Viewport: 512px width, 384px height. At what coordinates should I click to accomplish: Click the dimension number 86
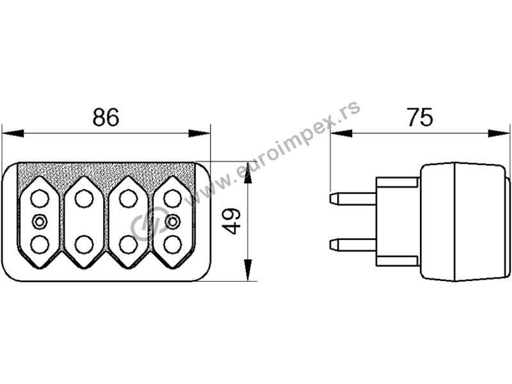click(106, 117)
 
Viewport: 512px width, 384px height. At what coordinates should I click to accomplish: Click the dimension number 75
click(420, 117)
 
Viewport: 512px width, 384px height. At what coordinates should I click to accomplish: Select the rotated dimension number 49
click(233, 221)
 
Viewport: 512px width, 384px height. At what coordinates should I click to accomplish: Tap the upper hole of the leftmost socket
click(40, 198)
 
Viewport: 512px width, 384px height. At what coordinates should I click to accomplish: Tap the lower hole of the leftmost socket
click(40, 244)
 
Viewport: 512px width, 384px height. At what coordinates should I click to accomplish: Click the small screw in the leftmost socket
click(40, 221)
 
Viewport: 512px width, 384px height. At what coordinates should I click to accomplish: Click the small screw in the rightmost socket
click(172, 221)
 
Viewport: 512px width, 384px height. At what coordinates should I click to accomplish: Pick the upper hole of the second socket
click(84, 198)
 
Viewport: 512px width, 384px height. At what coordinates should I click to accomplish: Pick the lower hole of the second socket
click(84, 244)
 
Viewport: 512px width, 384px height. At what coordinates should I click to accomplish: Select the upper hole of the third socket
click(129, 198)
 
